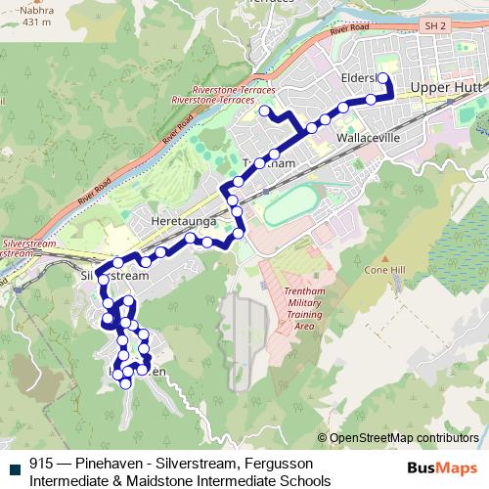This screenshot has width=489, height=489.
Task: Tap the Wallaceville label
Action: pos(368,139)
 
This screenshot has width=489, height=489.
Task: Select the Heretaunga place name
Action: pos(183,223)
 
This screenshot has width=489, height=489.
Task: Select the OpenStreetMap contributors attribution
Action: pos(403,437)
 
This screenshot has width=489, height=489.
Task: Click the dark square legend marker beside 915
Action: pos(13,467)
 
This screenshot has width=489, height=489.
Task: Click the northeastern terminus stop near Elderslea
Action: pos(383,79)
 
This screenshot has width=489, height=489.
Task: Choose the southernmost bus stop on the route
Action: pos(125,384)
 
